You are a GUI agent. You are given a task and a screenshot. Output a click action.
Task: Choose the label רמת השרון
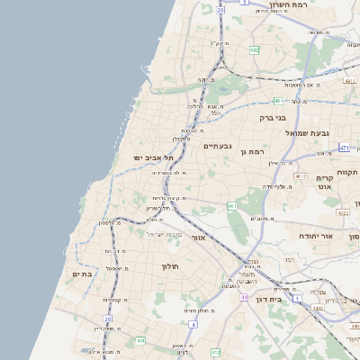pyautogui.click(x=289, y=4)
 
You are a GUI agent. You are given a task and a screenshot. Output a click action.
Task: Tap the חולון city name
pyautogui.click(x=172, y=266)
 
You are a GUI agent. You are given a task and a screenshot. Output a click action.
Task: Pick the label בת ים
pyautogui.click(x=81, y=274)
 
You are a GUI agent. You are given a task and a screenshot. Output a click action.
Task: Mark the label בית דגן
pyautogui.click(x=283, y=298)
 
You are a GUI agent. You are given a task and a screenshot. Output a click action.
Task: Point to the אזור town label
pyautogui.click(x=200, y=238)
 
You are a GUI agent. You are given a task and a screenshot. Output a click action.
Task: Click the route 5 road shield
pyautogui.click(x=243, y=3)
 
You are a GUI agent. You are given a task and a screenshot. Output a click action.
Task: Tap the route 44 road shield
pyautogui.click(x=244, y=296)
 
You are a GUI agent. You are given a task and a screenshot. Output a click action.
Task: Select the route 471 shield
pyautogui.click(x=345, y=147)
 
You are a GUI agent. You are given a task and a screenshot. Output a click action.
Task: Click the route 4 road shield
pyautogui.click(x=193, y=323)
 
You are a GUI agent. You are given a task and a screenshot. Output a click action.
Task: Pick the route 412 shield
pyautogui.click(x=300, y=176)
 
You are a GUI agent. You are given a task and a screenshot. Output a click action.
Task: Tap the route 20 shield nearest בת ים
pyautogui.click(x=108, y=319)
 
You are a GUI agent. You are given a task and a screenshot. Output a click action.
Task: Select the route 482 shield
pyautogui.click(x=254, y=50)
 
